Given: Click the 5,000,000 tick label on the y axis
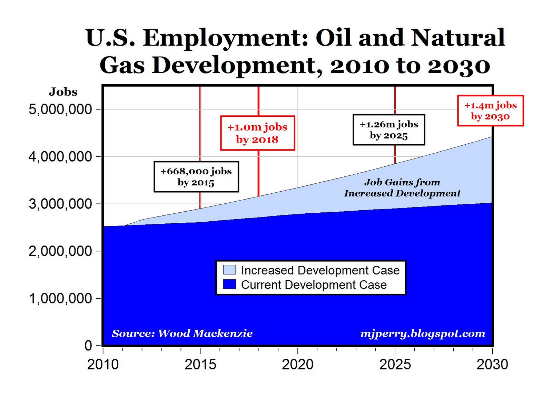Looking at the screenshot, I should tap(60, 109).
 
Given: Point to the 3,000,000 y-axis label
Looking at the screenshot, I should tap(60, 204).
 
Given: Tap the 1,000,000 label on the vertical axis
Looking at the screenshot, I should tap(60, 299).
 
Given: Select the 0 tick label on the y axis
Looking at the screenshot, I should tap(88, 346).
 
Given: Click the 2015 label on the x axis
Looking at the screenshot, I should tap(200, 365).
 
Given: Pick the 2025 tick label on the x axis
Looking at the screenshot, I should tap(395, 365).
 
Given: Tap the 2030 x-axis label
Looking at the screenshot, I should tap(492, 365).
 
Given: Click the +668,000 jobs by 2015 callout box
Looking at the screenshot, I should tap(196, 177).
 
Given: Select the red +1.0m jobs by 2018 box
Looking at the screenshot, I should tap(257, 133).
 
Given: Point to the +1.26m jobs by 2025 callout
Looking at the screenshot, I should tap(389, 129).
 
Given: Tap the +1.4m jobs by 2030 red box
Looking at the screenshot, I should tap(490, 110).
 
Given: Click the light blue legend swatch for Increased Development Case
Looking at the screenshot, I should tap(229, 270).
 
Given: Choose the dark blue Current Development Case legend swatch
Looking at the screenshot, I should tap(229, 284).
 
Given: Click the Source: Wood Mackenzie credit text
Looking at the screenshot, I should tap(182, 334).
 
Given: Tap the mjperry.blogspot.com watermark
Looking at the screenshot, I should tap(423, 334).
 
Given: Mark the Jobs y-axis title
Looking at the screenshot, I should tap(63, 92).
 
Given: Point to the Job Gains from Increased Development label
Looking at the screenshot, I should tap(402, 188).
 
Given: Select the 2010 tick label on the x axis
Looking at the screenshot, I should tap(103, 365).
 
